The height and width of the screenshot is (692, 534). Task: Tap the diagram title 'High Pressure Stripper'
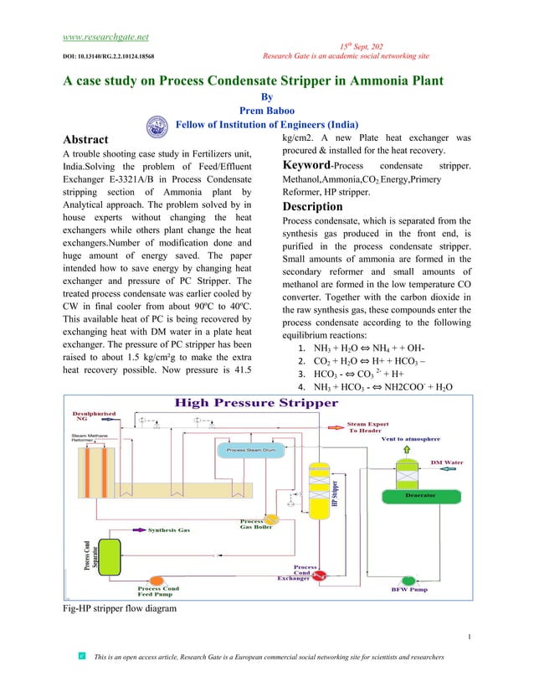coord(255,403)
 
